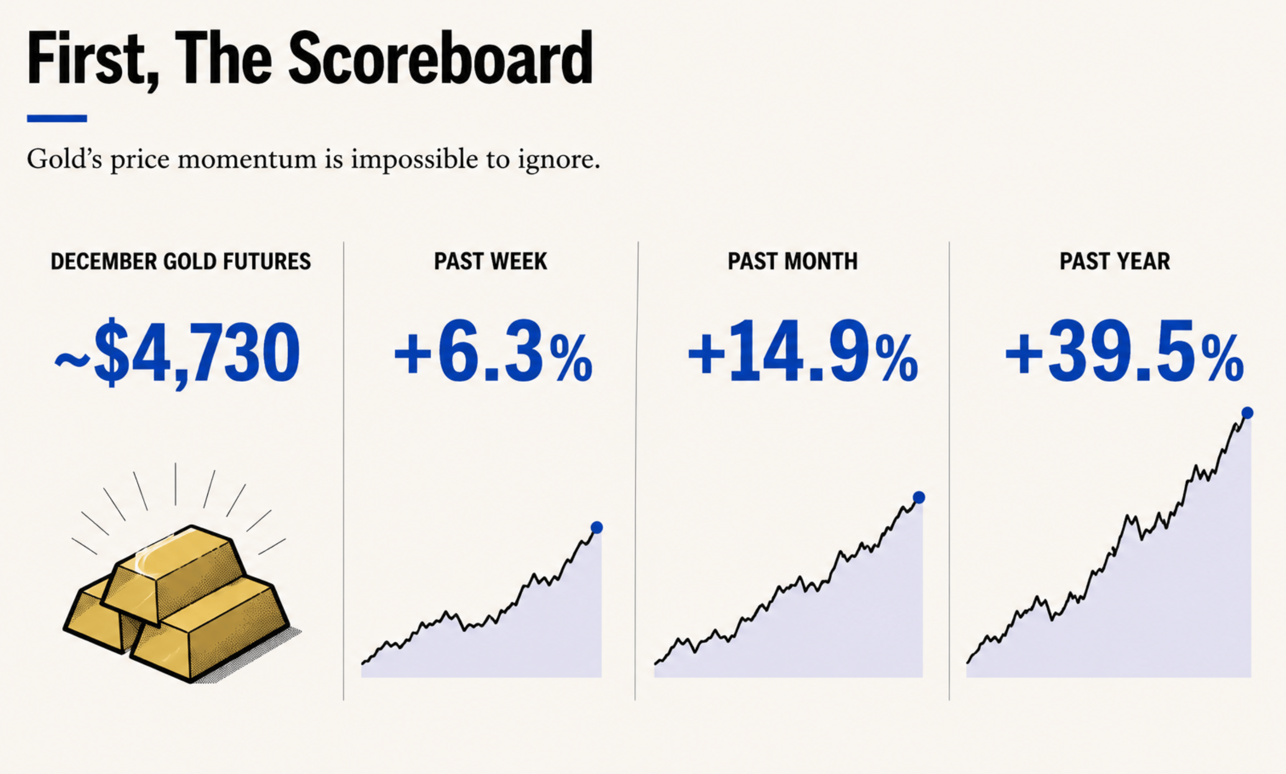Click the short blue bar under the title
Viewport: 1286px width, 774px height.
click(x=57, y=119)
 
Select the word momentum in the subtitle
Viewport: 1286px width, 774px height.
click(x=247, y=160)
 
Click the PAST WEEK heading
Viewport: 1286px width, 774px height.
click(x=491, y=261)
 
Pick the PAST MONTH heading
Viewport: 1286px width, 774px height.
click(x=793, y=261)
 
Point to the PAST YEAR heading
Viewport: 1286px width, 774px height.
click(x=1115, y=261)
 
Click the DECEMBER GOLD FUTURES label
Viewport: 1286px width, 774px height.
click(x=181, y=261)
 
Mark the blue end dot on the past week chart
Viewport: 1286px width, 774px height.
click(x=596, y=527)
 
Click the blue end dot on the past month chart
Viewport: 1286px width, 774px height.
click(x=919, y=497)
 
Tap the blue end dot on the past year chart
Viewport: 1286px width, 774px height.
click(x=1247, y=413)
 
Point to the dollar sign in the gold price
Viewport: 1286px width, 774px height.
click(x=111, y=353)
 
